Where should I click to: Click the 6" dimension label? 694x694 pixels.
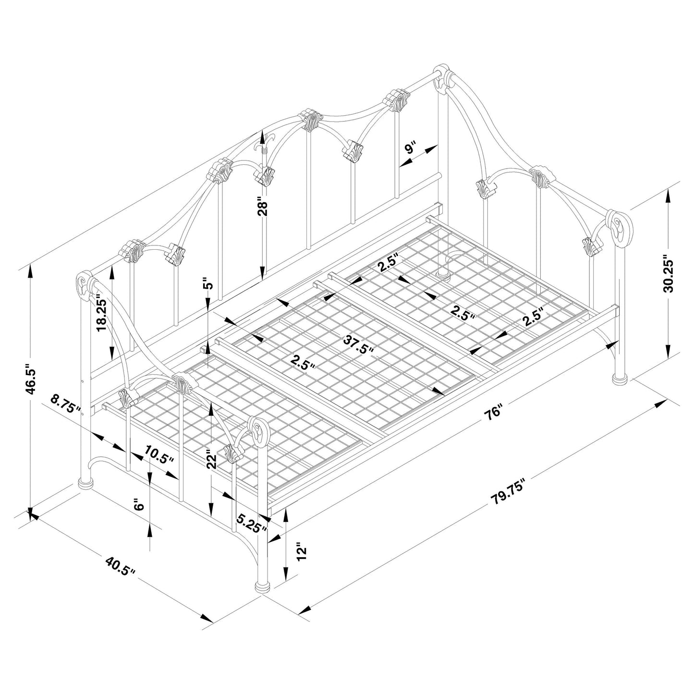point(138,505)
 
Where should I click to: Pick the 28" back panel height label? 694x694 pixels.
point(262,207)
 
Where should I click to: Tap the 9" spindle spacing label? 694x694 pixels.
point(411,148)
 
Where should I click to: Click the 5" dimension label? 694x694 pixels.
point(207,284)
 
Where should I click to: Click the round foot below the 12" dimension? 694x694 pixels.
point(262,588)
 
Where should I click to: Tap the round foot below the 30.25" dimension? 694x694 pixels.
point(620,379)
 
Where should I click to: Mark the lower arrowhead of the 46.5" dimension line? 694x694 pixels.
point(30,513)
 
